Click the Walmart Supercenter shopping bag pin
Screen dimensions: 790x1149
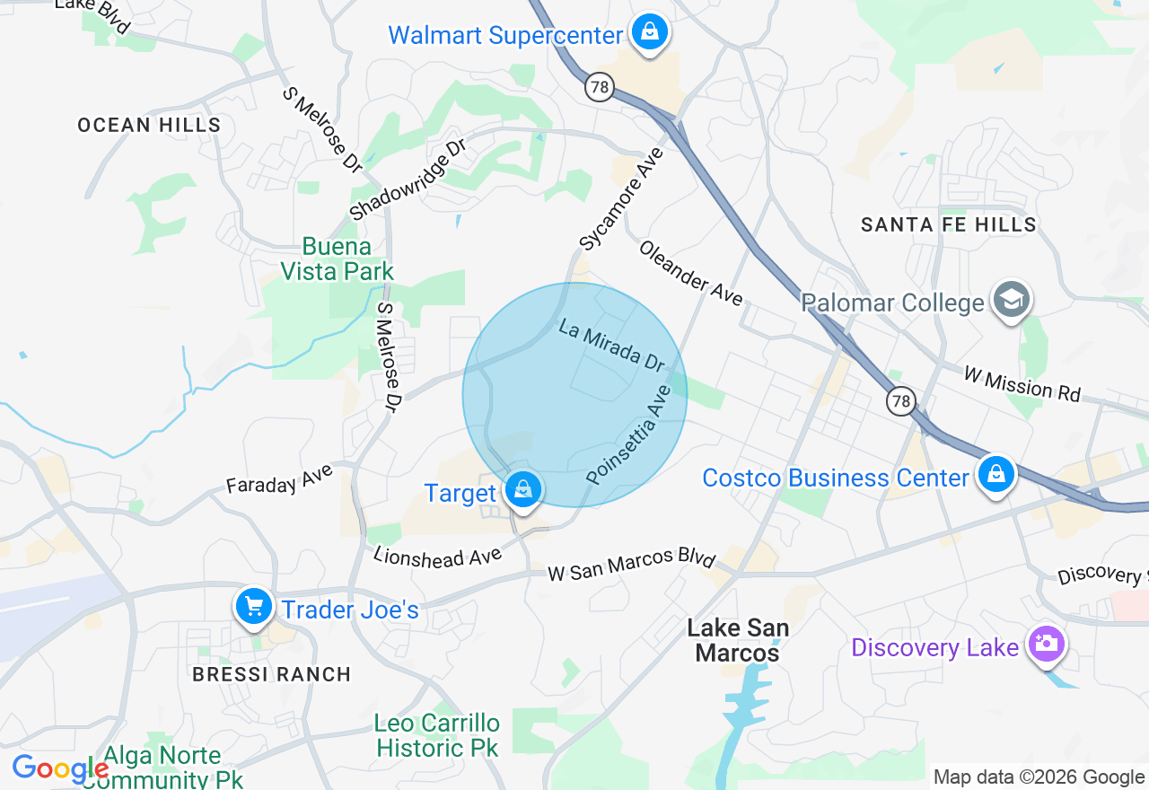tap(649, 33)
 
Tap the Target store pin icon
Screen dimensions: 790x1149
tap(522, 490)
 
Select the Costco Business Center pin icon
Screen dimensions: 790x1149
tap(996, 475)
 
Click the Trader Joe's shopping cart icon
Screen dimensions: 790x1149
tap(254, 608)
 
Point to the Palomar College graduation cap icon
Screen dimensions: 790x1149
tap(1012, 300)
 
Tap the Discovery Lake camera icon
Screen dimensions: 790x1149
tap(1046, 645)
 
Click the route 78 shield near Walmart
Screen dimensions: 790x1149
tap(600, 87)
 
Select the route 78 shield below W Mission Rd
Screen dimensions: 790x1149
tap(900, 400)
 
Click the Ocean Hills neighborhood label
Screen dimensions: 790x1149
tap(149, 125)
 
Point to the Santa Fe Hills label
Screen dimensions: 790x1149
tap(949, 224)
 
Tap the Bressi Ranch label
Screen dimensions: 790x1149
tap(272, 674)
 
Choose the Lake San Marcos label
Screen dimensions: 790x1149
tap(738, 640)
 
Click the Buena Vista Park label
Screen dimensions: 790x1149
tap(337, 259)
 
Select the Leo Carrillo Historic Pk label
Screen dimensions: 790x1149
tap(437, 734)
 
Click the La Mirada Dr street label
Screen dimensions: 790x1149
tap(611, 346)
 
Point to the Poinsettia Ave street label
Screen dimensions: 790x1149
tap(628, 435)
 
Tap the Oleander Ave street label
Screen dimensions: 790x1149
tap(690, 272)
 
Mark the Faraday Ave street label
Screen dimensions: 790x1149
tap(279, 478)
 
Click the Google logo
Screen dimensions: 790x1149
tap(60, 769)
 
